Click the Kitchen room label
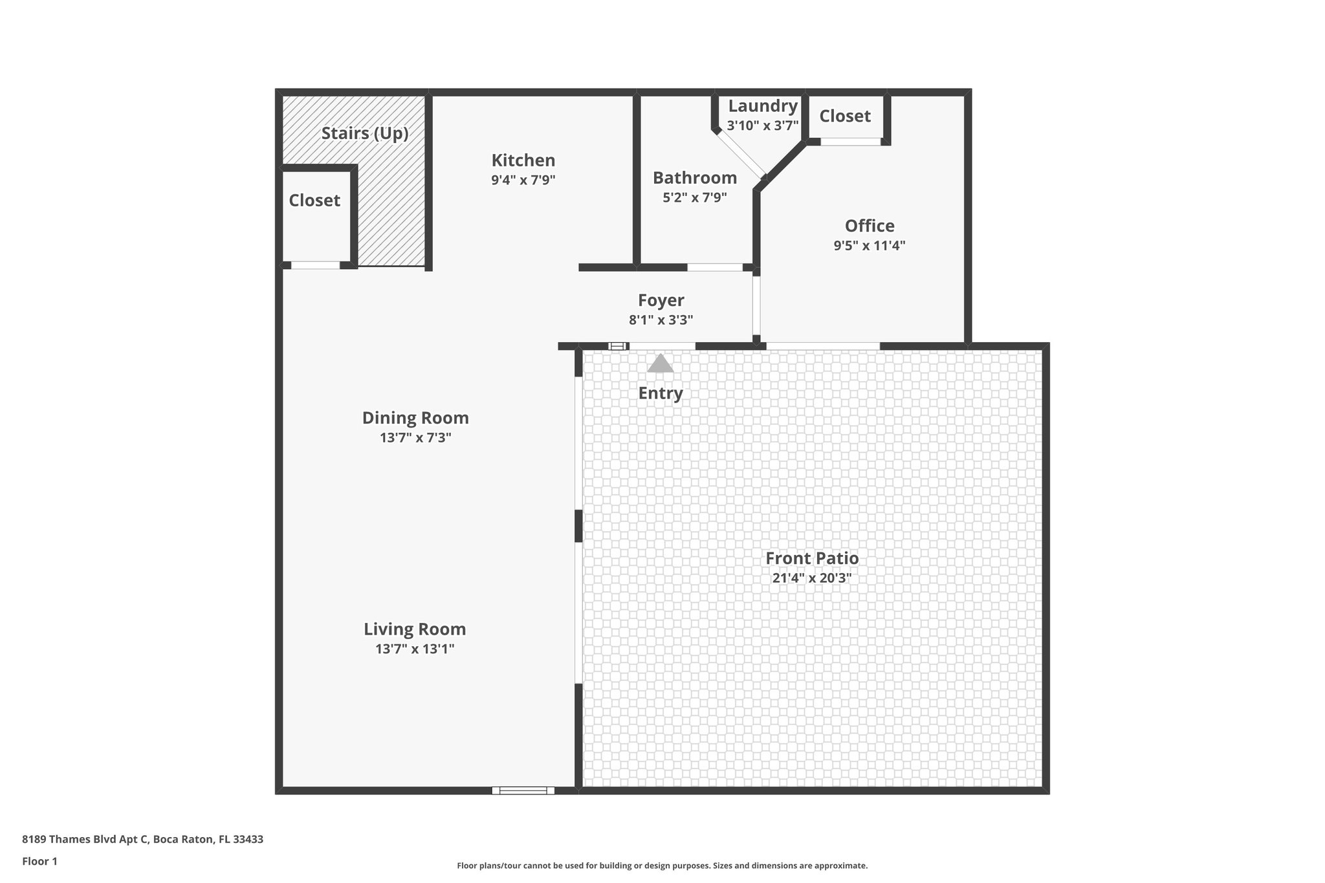coord(523,160)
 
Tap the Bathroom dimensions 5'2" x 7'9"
coord(695,197)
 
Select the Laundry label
coord(763,106)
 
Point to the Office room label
coord(870,226)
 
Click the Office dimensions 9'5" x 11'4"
coord(870,245)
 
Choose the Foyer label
coord(661,300)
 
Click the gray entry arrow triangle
coord(661,364)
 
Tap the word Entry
coord(661,393)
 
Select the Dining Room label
coord(415,418)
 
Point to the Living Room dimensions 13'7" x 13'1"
coord(415,649)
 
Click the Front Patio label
coord(812,558)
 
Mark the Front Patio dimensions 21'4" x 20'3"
coord(812,578)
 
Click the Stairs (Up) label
coord(365,133)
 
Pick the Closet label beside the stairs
coord(314,201)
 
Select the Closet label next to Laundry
coord(845,116)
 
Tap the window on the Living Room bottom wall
coord(523,790)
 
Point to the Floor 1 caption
coord(40,861)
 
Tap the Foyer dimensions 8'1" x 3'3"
coord(661,320)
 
